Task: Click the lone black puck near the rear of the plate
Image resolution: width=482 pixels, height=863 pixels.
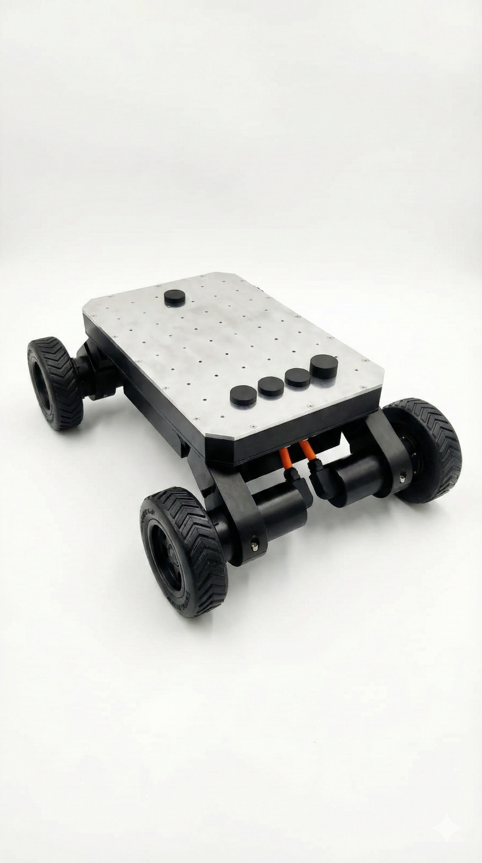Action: (175, 298)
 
